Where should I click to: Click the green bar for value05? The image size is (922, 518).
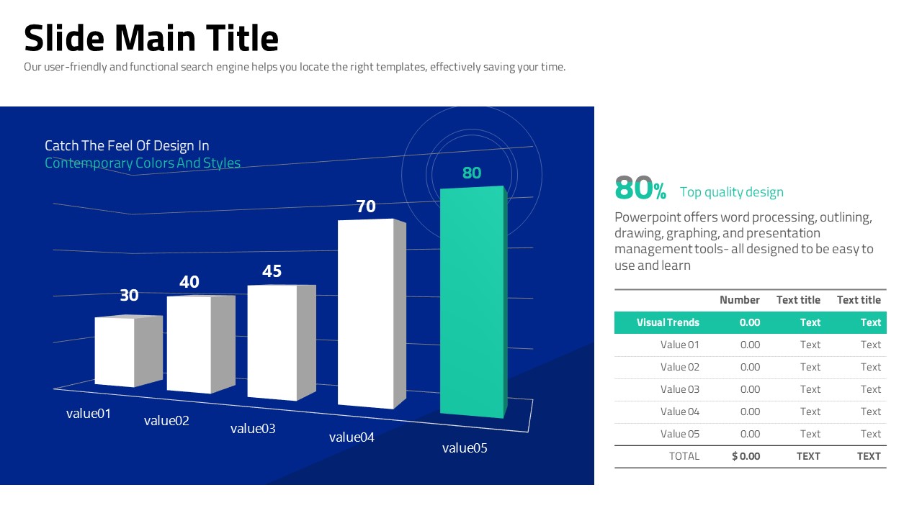point(472,302)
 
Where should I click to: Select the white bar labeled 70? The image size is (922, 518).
point(366,313)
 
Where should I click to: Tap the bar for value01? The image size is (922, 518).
point(115,351)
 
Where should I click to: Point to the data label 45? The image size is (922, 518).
point(272,271)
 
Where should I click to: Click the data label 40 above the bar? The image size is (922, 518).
point(189,282)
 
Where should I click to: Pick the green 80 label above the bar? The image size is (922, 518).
point(471,173)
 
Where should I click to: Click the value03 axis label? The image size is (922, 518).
point(253,429)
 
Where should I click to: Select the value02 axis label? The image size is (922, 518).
point(166,421)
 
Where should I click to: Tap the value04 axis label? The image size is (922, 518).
point(352,437)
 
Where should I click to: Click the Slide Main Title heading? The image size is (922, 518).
point(151,38)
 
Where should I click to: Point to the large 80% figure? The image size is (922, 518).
point(640,188)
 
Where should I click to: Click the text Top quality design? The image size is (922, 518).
point(731,192)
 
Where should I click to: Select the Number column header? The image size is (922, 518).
point(739,300)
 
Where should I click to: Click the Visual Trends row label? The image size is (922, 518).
point(668,322)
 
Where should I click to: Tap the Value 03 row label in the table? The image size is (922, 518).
point(679,389)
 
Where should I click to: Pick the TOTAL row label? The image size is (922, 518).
point(684,456)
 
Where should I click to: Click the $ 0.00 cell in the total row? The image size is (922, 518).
point(746,456)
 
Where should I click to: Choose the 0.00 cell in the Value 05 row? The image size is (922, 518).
point(750,434)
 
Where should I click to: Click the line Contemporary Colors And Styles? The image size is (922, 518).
point(143,163)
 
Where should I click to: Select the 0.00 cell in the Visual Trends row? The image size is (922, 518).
point(749,322)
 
